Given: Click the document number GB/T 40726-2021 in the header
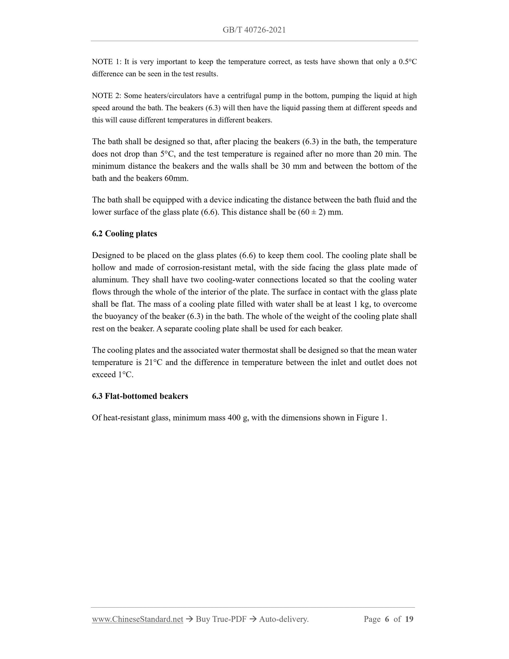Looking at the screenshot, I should (x=254, y=30).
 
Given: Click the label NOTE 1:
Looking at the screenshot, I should (x=106, y=62).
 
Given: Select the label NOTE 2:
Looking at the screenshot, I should (x=106, y=96).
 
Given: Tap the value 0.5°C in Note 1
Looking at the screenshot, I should (x=408, y=62).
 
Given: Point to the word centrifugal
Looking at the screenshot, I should (x=245, y=96).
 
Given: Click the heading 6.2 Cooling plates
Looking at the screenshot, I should (x=124, y=234).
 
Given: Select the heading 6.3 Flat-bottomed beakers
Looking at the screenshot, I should (x=140, y=396).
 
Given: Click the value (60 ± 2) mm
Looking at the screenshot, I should (x=320, y=212).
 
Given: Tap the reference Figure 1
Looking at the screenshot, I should (x=371, y=418).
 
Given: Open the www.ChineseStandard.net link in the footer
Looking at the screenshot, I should (x=138, y=619).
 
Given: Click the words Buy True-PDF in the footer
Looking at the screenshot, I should (x=221, y=619).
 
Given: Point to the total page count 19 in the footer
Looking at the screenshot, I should (x=409, y=619).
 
